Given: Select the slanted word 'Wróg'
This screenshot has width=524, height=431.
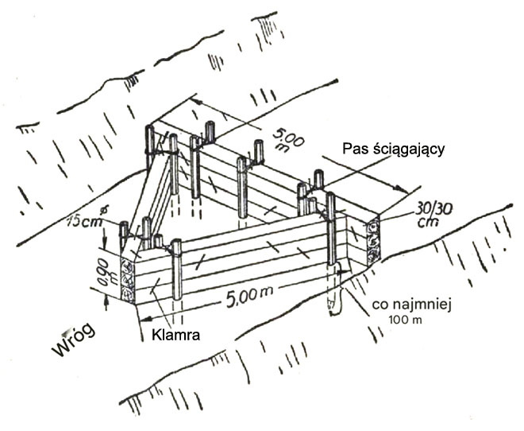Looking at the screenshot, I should coord(78,337).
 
